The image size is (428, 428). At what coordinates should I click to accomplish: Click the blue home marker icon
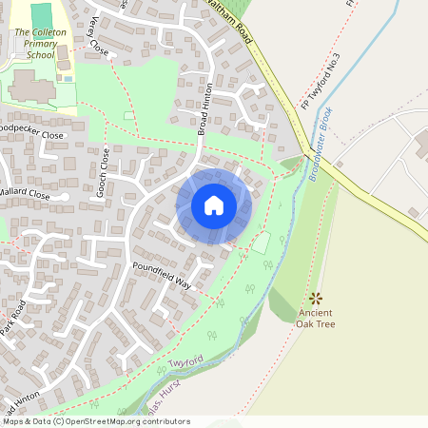tap(214, 205)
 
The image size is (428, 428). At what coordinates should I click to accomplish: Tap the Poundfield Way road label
tap(163, 277)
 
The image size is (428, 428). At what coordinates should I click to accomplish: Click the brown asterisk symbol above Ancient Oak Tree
tap(316, 298)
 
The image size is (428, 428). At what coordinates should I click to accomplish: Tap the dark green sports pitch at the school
tap(42, 15)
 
